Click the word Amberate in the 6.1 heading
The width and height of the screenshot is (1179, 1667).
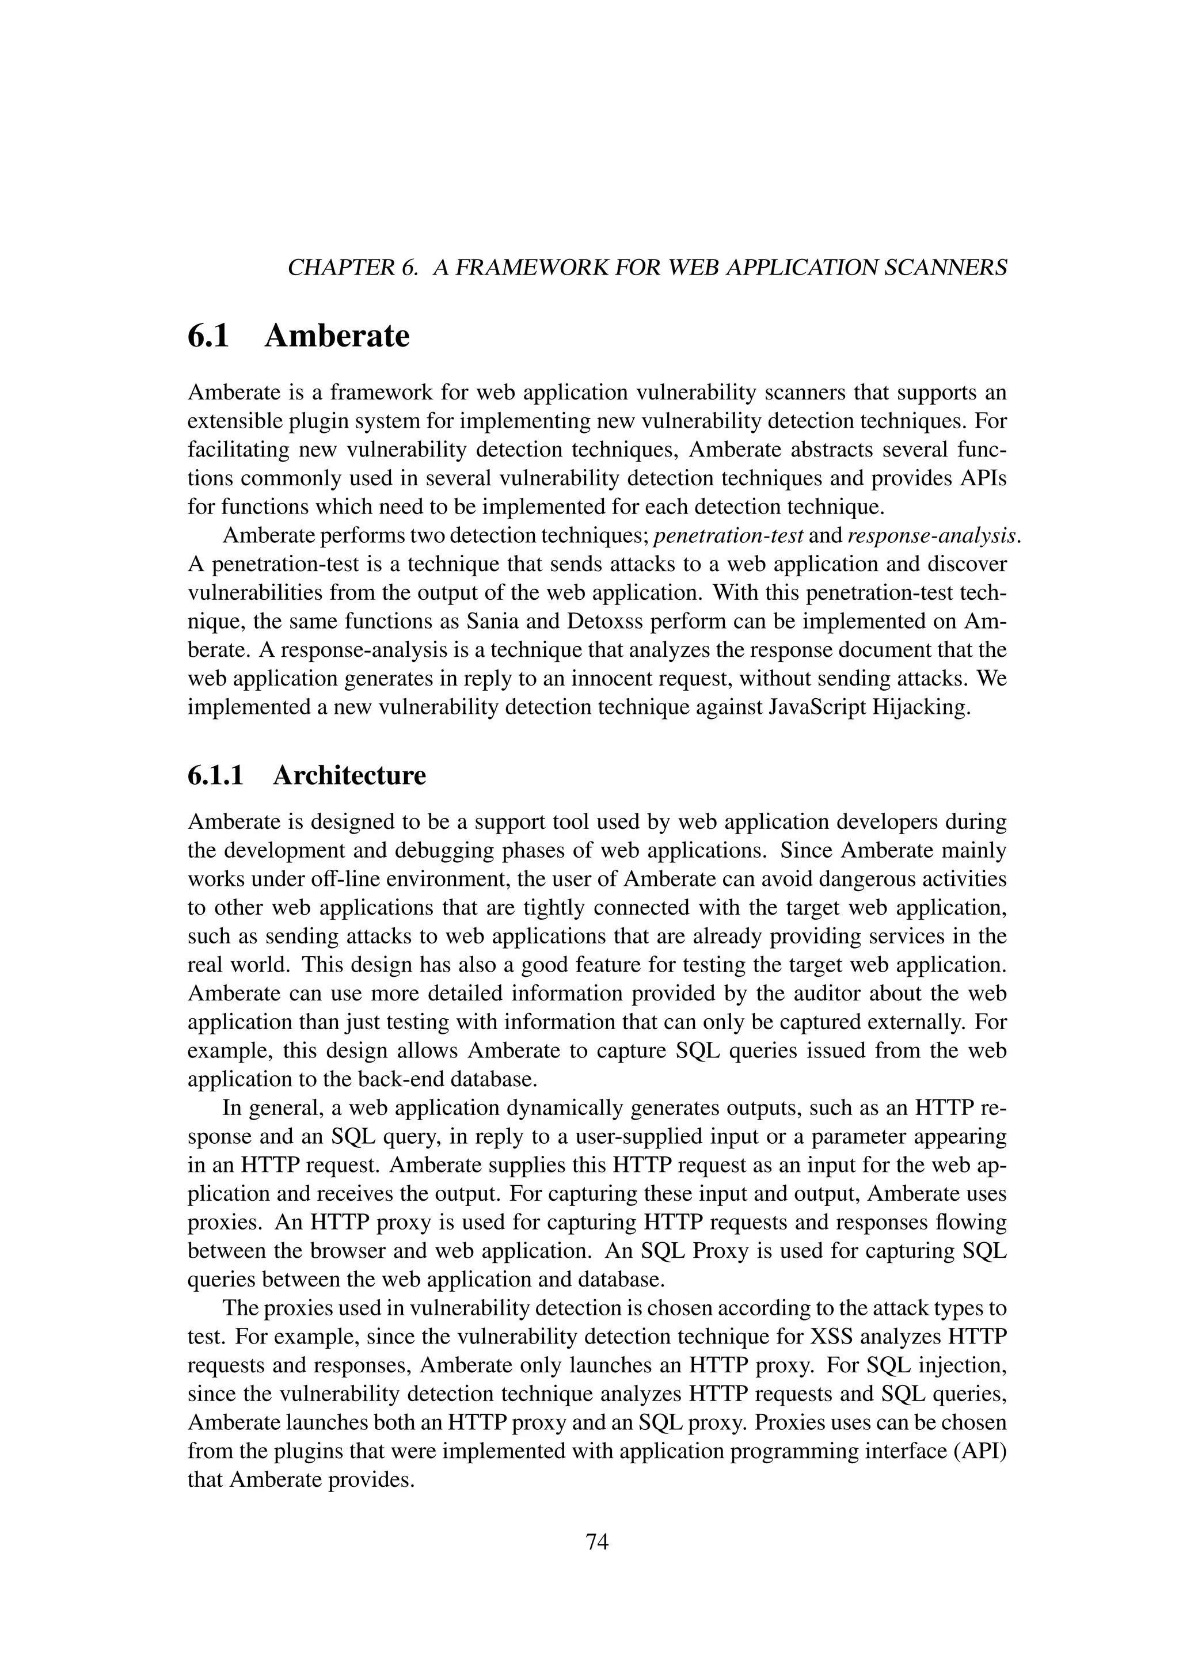coord(337,336)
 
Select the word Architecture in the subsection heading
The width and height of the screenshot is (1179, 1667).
coord(349,775)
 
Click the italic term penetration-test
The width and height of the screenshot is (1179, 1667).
coord(729,536)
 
